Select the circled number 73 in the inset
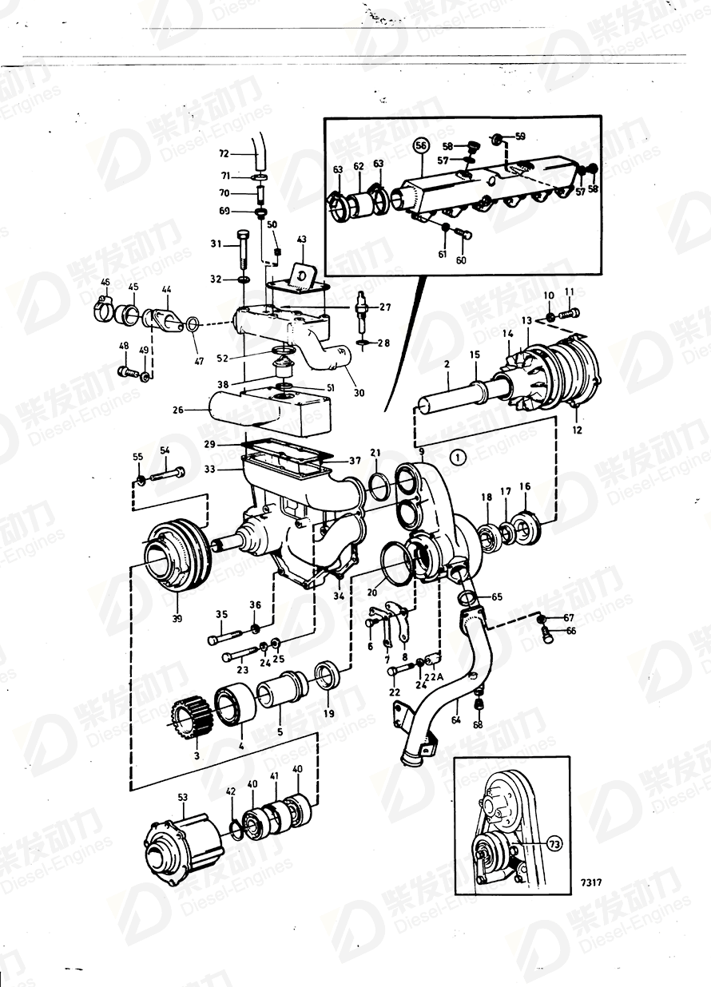[x=554, y=842]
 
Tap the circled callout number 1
[x=456, y=458]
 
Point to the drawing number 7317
[x=591, y=883]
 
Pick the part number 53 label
[x=183, y=798]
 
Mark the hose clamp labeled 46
[x=104, y=304]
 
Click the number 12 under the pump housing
[x=577, y=430]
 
